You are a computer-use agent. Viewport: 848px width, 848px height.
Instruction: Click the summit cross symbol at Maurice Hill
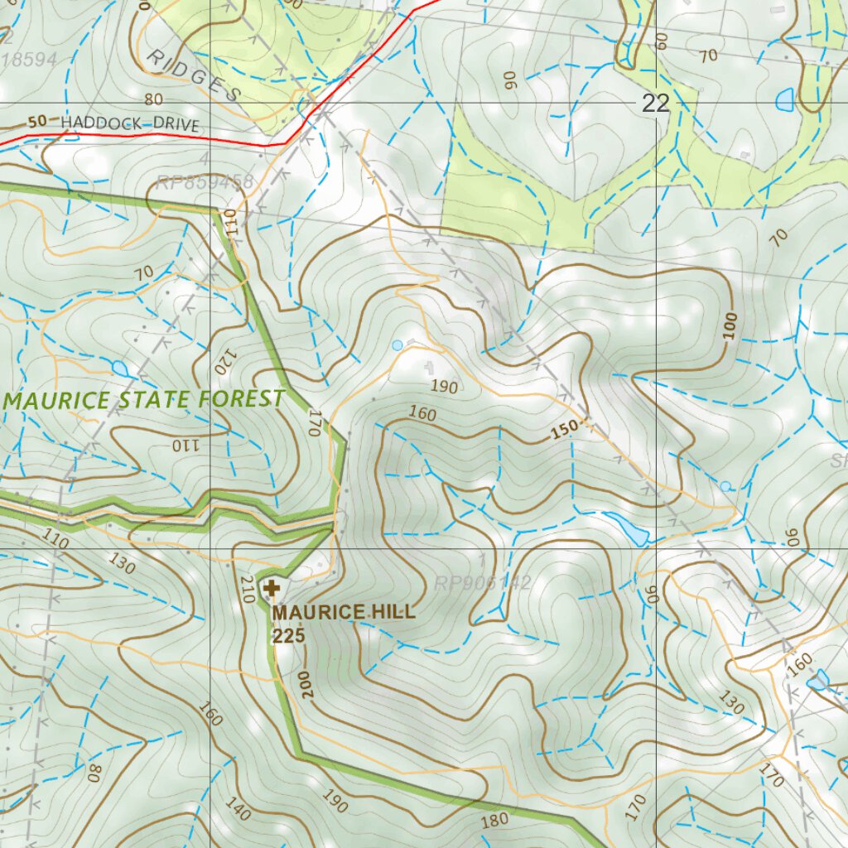[271, 590]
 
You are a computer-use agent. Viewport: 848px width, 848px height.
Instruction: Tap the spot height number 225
[289, 635]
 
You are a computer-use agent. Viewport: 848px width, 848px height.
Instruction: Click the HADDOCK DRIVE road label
[130, 125]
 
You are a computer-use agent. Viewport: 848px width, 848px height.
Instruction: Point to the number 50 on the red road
[36, 122]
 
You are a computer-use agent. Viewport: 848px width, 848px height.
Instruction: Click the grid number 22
[655, 104]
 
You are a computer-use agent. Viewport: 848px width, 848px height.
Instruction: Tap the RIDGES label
[194, 75]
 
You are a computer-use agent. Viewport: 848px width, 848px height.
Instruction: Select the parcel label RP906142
[482, 583]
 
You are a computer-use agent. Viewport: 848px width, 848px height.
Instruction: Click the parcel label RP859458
[204, 182]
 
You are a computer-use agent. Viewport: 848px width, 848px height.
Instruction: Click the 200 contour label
[307, 684]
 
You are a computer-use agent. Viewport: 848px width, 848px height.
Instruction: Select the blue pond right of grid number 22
[783, 101]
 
